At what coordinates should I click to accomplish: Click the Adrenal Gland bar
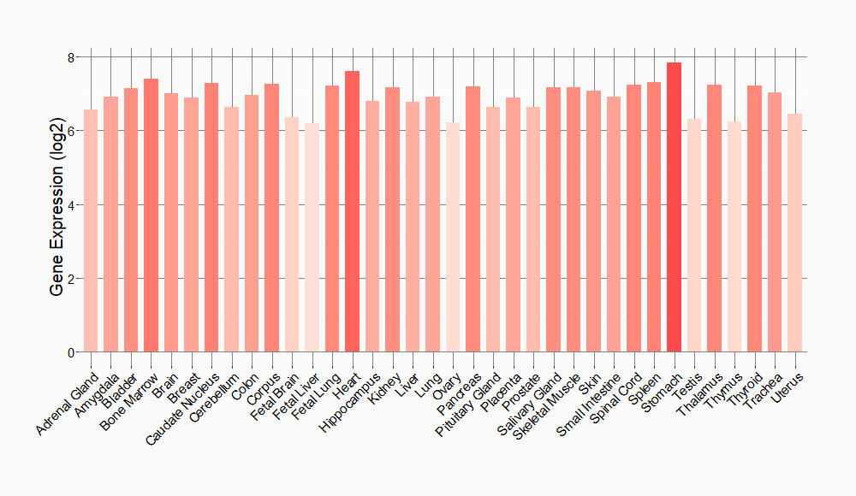91,231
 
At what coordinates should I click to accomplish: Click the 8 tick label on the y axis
72,57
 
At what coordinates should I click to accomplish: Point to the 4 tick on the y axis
72,205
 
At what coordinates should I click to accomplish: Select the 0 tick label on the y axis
72,352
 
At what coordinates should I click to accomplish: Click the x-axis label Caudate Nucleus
183,409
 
